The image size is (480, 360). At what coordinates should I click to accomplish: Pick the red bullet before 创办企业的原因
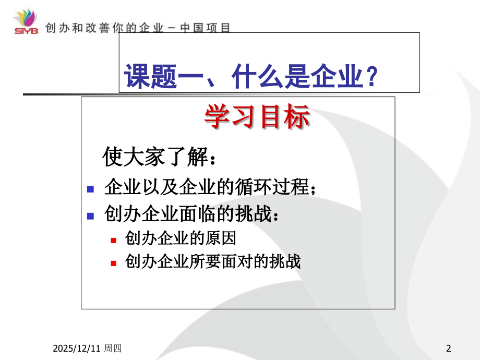(114, 240)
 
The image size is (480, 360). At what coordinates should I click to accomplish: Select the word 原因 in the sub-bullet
(225, 239)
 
